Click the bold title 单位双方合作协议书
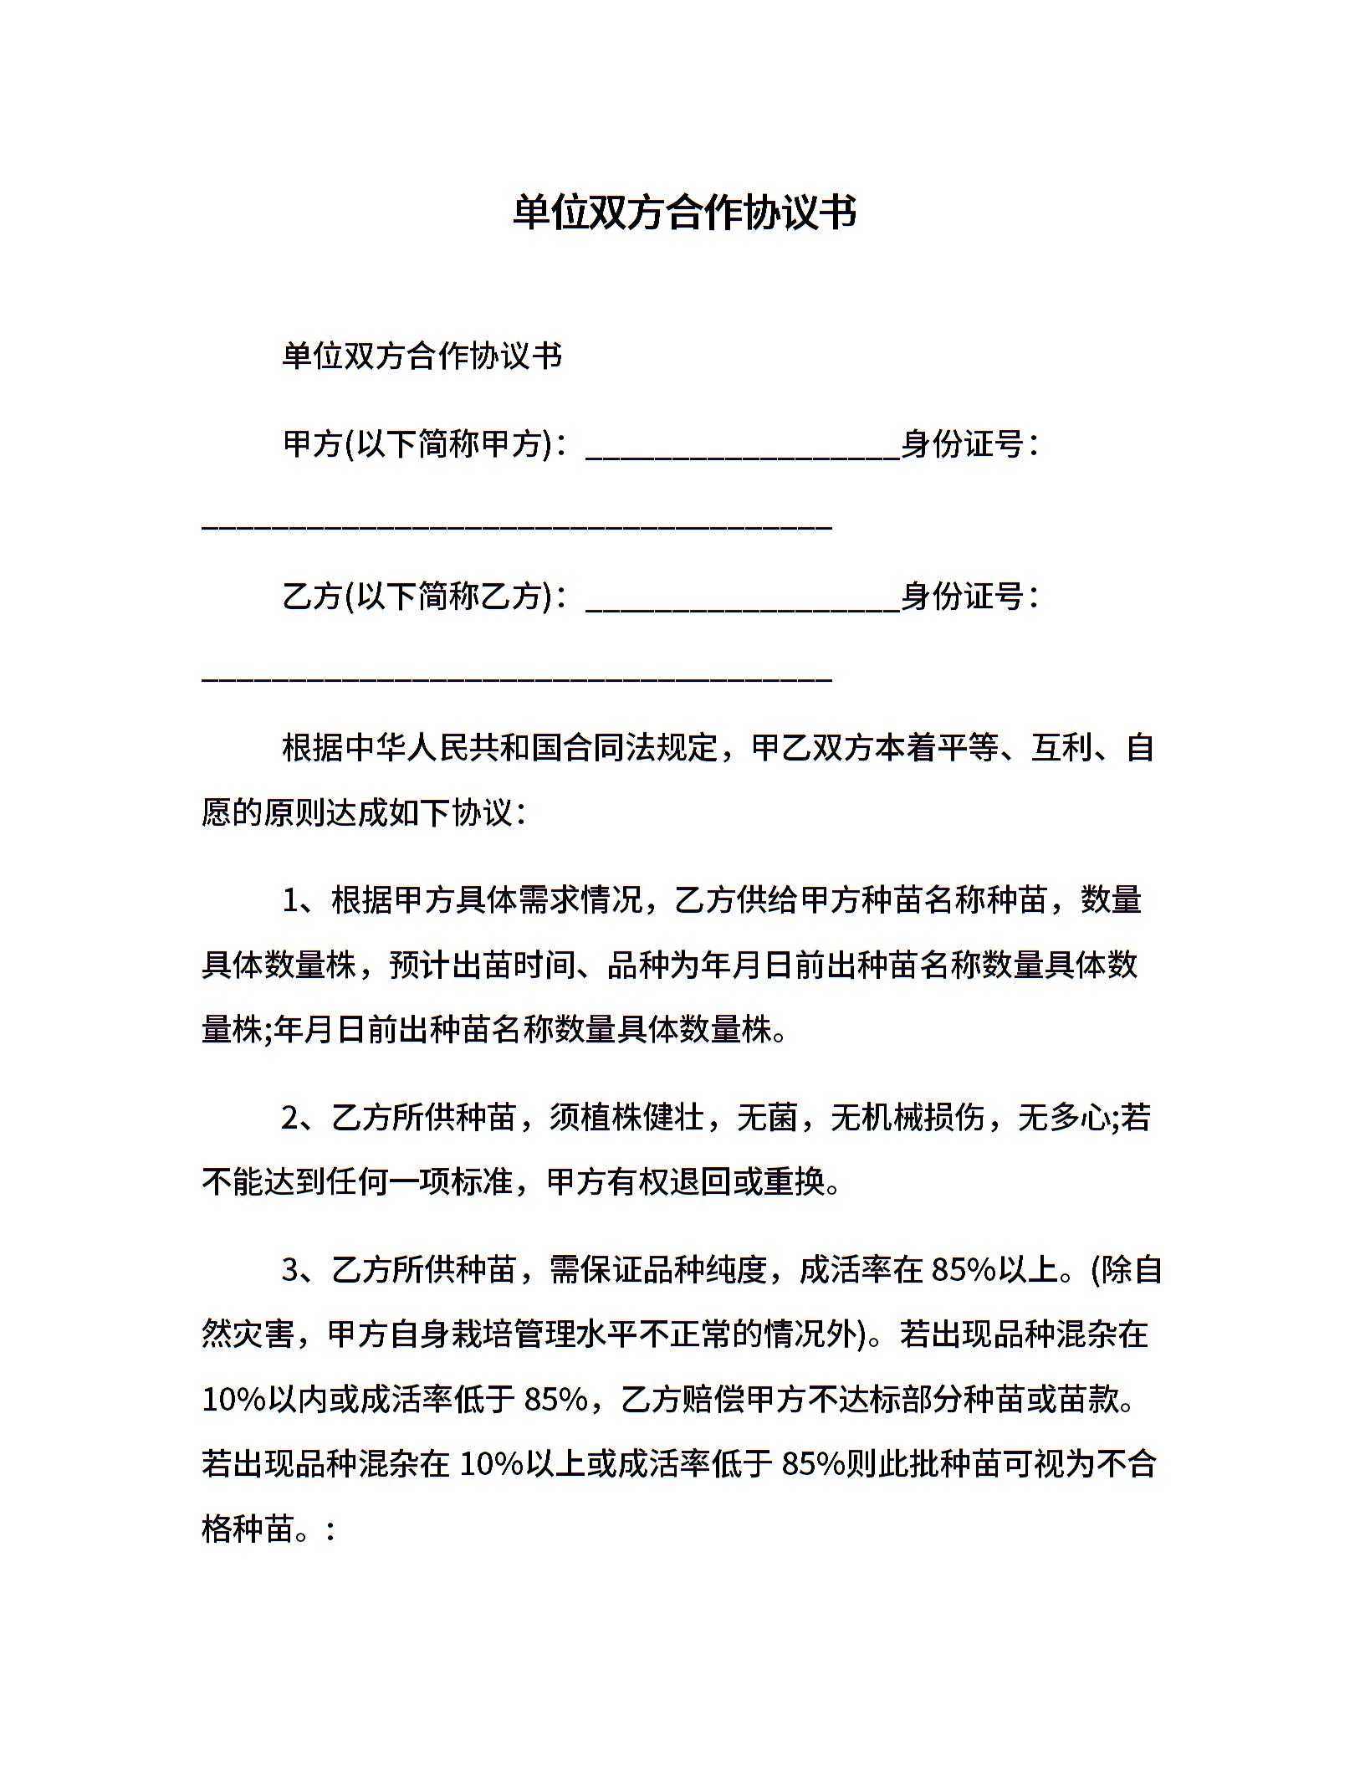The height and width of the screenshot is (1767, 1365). click(x=683, y=213)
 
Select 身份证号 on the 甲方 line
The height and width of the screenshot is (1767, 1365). click(x=963, y=443)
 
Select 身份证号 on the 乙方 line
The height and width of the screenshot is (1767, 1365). click(x=963, y=597)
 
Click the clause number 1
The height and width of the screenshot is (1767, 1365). click(x=291, y=901)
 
